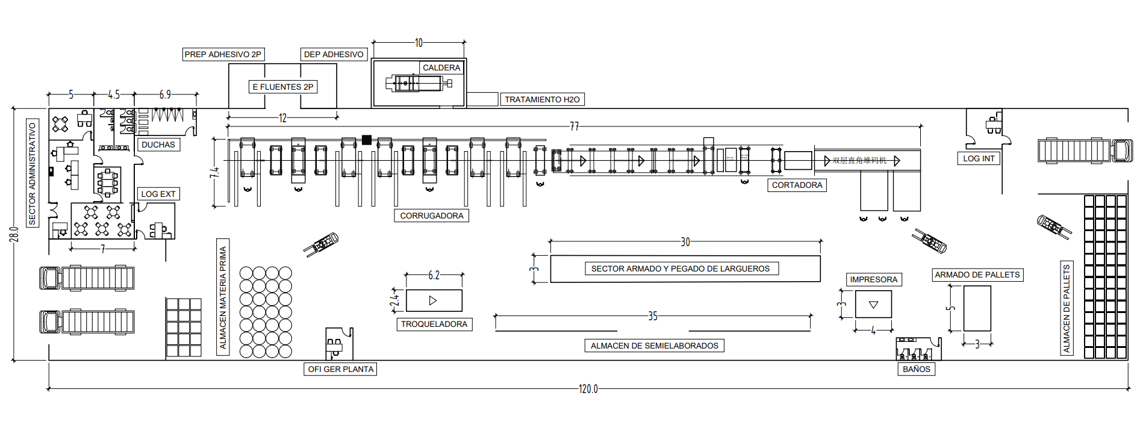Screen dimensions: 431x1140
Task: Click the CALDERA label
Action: (441, 67)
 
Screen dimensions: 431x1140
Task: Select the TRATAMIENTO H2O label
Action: (542, 99)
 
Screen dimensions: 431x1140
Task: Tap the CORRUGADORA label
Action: (431, 215)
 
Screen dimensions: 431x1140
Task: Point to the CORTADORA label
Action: (797, 185)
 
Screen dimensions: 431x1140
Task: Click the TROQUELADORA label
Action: (434, 324)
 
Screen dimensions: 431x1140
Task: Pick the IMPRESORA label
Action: (873, 279)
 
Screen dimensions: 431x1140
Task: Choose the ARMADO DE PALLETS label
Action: (977, 274)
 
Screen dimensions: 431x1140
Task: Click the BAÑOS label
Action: (916, 369)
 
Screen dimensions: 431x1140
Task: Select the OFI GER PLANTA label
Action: (340, 369)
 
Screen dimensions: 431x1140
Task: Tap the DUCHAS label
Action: (158, 144)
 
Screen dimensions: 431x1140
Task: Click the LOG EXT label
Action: (158, 194)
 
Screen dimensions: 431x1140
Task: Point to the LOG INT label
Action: (979, 158)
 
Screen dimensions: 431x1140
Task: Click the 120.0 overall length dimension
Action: (588, 389)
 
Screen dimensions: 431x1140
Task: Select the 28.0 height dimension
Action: (14, 234)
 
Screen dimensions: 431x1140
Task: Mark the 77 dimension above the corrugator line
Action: (574, 126)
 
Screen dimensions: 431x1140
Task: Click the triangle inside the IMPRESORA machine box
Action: (873, 305)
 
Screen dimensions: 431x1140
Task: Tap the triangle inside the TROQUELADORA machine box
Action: (432, 300)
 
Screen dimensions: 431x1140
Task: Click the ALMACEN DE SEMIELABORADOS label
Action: (654, 346)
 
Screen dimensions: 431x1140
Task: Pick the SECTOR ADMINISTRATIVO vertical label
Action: (33, 173)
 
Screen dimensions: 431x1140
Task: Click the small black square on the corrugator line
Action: (367, 140)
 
